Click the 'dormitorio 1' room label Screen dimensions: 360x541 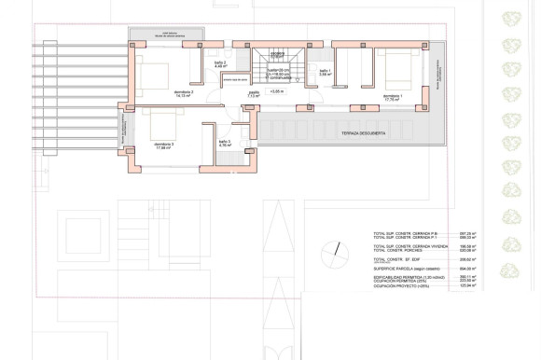394,97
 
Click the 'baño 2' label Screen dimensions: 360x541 220,63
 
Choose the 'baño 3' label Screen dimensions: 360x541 224,144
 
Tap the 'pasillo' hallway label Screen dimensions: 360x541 253,93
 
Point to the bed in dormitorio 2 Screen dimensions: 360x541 154,71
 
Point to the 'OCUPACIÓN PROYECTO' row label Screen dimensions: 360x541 401,285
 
